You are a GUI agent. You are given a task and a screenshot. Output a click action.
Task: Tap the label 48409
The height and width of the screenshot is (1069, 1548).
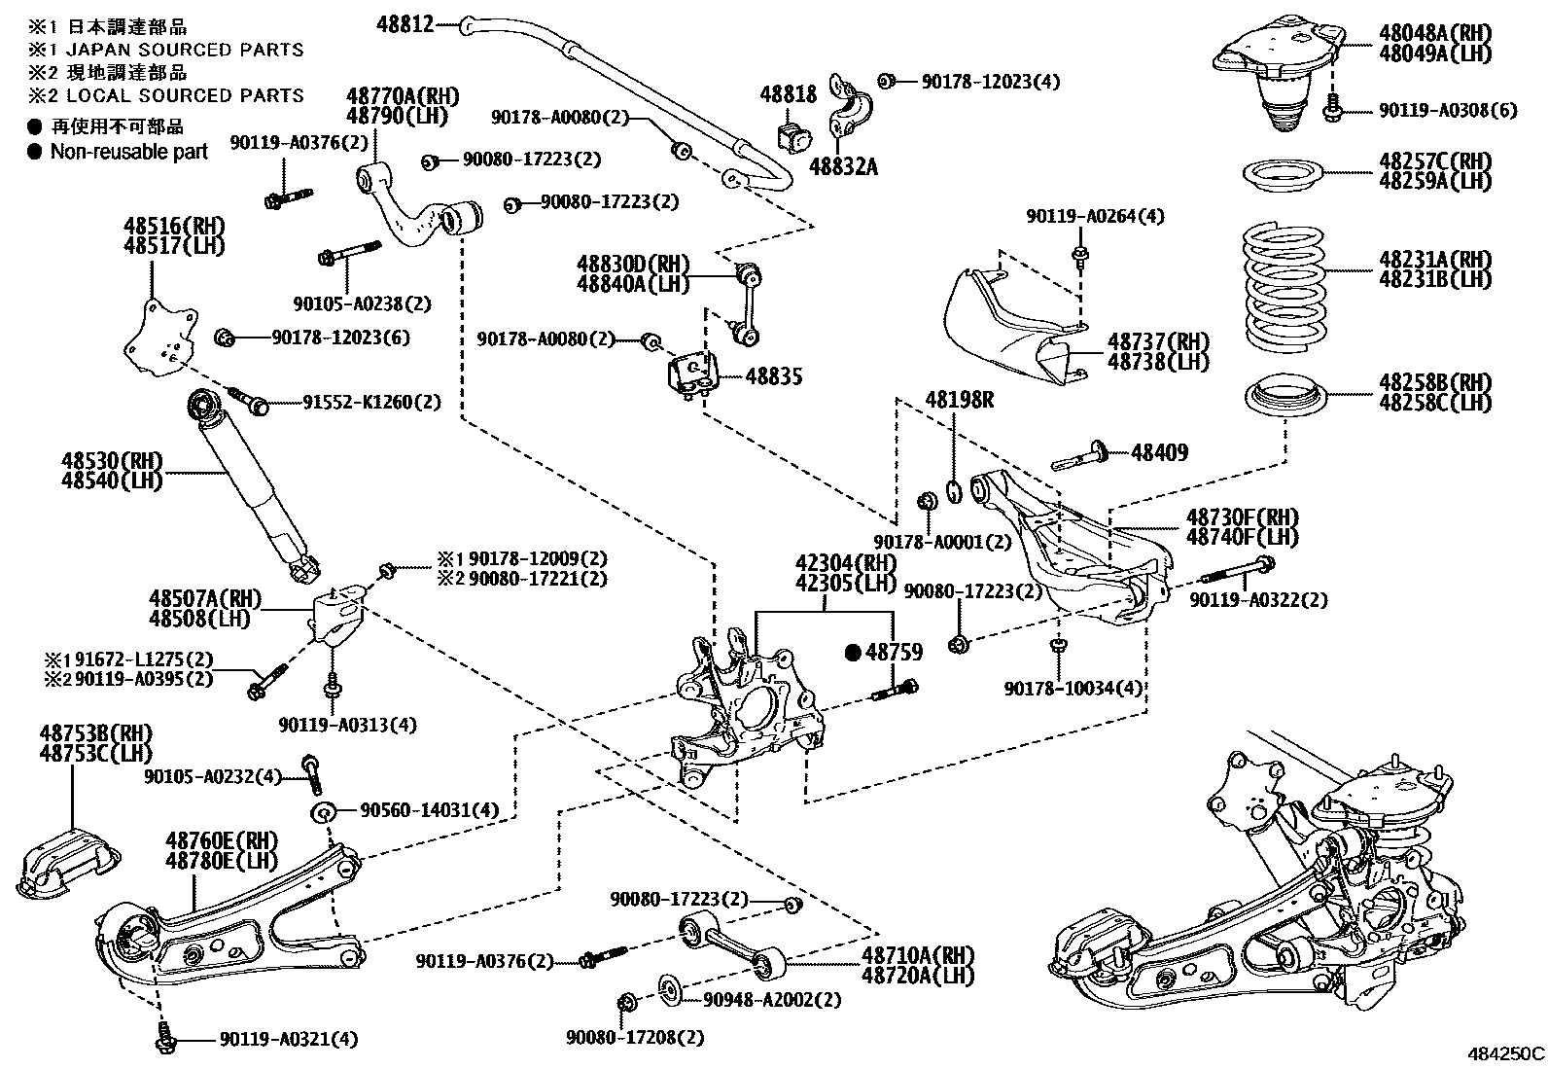[1159, 452]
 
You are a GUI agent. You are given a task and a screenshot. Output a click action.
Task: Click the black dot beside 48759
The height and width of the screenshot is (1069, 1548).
[854, 653]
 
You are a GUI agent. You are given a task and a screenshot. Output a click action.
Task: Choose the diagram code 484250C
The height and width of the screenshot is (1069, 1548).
[1505, 1053]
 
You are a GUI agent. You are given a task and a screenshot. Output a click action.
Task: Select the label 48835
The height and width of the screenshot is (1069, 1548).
[774, 376]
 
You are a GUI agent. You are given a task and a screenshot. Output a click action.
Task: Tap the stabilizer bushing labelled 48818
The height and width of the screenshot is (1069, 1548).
[793, 138]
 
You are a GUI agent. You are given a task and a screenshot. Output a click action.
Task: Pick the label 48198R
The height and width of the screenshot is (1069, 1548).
[959, 400]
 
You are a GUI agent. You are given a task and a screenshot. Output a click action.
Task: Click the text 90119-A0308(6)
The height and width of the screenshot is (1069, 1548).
[1447, 111]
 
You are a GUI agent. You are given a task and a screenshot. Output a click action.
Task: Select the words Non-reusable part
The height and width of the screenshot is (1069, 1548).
[129, 151]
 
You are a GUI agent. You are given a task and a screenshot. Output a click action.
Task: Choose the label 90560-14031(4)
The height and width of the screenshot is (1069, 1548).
[429, 810]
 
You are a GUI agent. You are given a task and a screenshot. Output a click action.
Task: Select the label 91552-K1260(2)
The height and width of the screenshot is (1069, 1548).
[359, 401]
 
